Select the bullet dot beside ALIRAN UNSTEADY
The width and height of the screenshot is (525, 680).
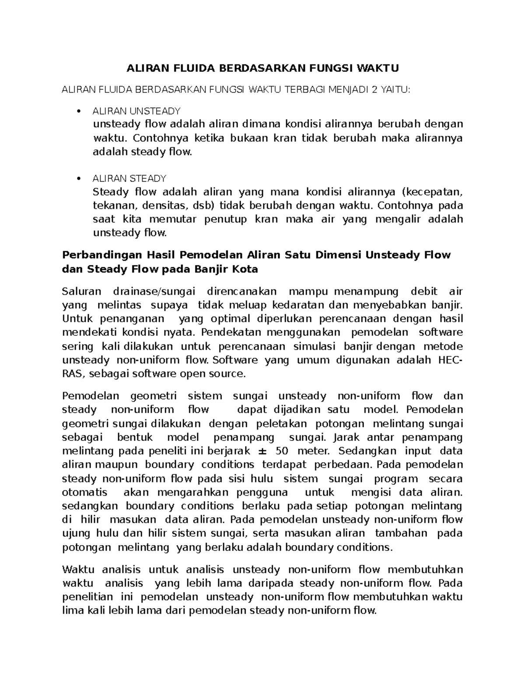pos(78,111)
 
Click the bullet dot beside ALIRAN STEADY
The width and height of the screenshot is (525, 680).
pos(78,179)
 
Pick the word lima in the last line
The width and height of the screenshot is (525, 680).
pos(72,611)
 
